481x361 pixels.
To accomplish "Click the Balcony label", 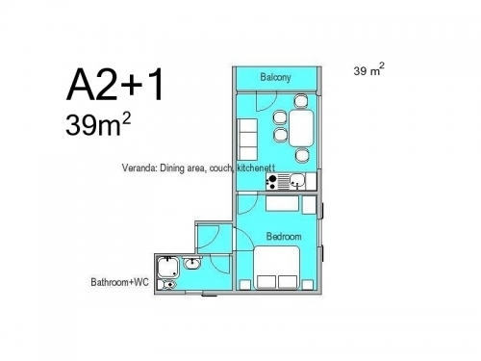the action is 275,77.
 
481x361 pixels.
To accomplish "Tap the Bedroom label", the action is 284,237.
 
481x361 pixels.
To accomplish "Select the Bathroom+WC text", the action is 119,282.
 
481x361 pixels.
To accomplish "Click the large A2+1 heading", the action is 115,86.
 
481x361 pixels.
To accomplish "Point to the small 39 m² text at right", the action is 368,69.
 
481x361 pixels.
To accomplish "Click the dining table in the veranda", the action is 301,128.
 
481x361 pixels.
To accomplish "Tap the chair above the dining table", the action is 301,101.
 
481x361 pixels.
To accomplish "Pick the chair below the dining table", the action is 302,155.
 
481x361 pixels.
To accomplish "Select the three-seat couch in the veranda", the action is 247,140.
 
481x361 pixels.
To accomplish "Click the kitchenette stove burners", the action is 272,182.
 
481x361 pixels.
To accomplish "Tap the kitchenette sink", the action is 297,181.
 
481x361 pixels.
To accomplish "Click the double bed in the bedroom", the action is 277,268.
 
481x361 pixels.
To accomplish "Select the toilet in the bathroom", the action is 168,284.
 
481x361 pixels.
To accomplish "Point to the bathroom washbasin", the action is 192,263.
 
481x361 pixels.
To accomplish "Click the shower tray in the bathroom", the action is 167,268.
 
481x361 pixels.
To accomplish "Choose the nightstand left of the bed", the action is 245,285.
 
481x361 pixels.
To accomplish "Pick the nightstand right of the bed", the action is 308,285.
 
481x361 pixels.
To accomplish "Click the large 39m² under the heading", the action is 98,124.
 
